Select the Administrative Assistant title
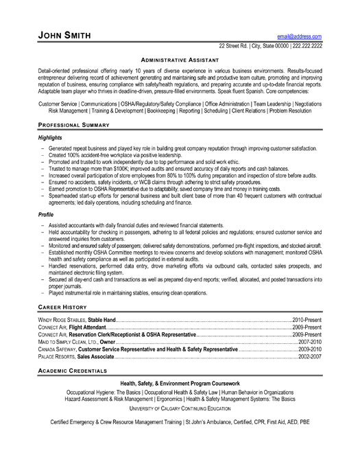click(x=180, y=60)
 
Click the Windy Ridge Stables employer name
click(x=61, y=321)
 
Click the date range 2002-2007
click(x=311, y=358)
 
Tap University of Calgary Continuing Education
click(x=180, y=407)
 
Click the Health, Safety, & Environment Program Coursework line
click(x=180, y=382)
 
